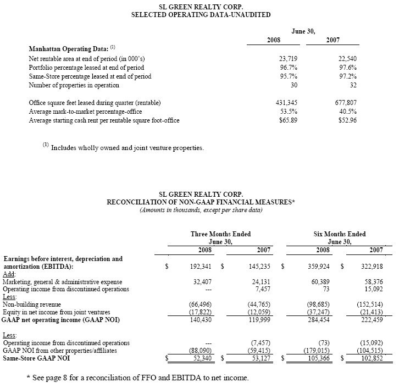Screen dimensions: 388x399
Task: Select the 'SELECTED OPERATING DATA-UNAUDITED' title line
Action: click(x=201, y=15)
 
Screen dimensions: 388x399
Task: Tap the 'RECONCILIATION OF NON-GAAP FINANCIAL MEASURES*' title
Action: click(x=201, y=202)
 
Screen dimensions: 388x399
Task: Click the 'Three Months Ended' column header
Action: click(x=220, y=234)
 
